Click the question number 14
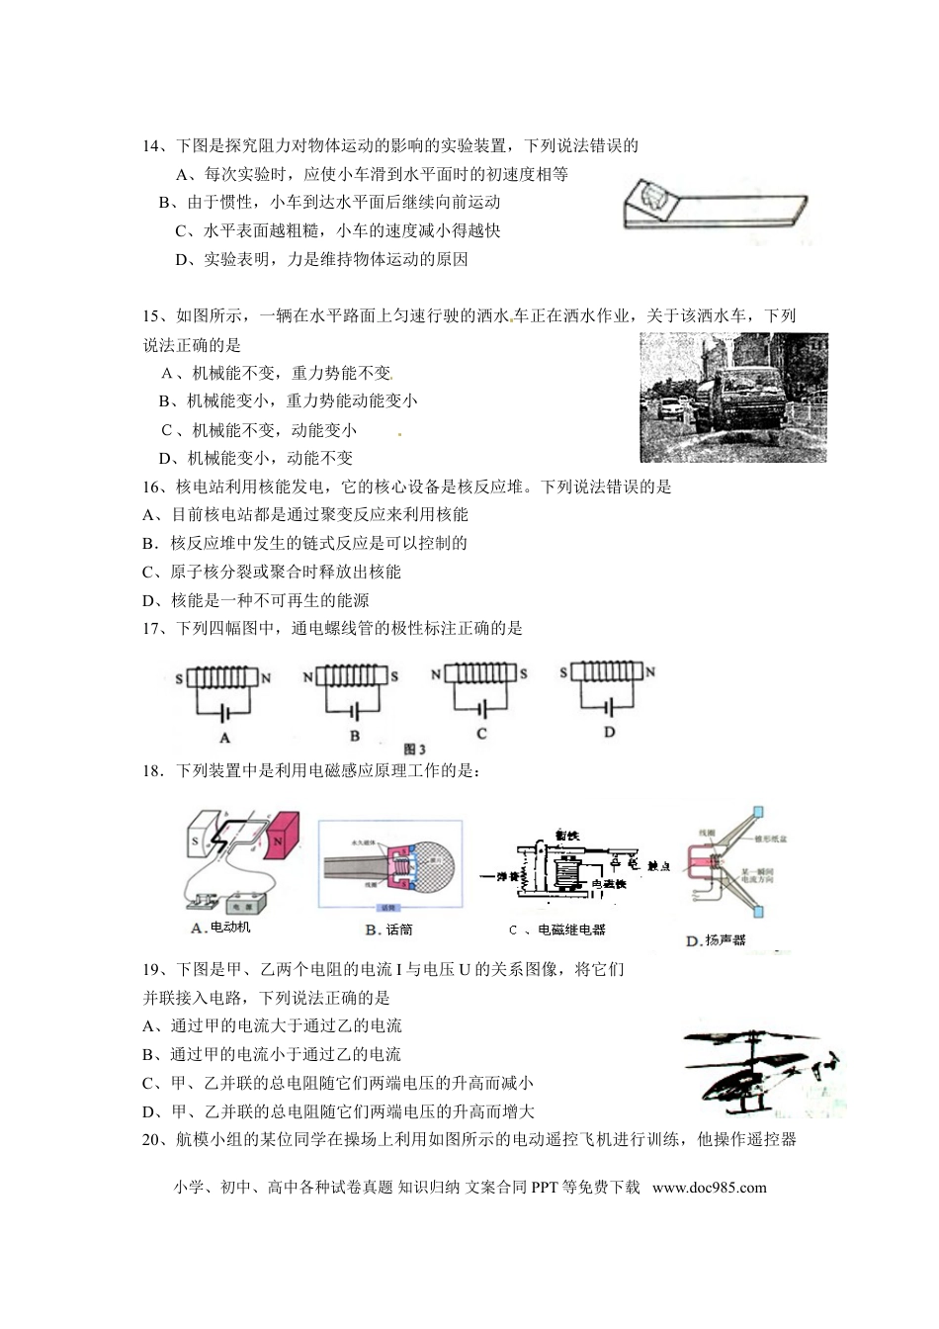click(x=151, y=146)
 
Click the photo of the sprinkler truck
click(x=733, y=398)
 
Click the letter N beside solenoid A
click(x=266, y=679)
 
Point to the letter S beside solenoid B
click(x=394, y=677)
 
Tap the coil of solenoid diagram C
click(x=480, y=674)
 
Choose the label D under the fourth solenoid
click(x=609, y=732)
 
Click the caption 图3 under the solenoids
click(x=416, y=749)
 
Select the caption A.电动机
click(x=220, y=928)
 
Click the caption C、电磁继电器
click(x=556, y=930)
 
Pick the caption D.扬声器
click(x=716, y=940)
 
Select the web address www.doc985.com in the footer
click(x=709, y=1188)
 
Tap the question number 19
click(x=151, y=969)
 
